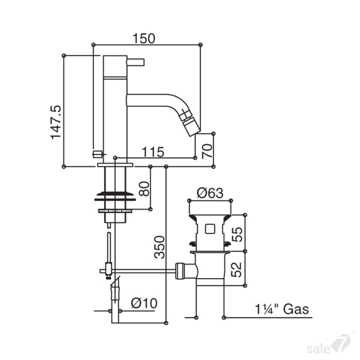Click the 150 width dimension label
(144, 39)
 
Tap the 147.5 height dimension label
(56, 122)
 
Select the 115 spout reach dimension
(153, 152)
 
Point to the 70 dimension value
(207, 151)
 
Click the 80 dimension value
(144, 189)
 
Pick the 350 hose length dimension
(160, 247)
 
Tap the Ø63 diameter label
(210, 193)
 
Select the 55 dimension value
(237, 234)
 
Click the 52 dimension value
(237, 270)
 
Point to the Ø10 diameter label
(144, 303)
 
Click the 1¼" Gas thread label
(282, 309)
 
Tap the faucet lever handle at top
(135, 63)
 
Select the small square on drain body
(210, 229)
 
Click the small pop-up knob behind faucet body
(96, 154)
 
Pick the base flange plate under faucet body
(115, 165)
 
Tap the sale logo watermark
(329, 346)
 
